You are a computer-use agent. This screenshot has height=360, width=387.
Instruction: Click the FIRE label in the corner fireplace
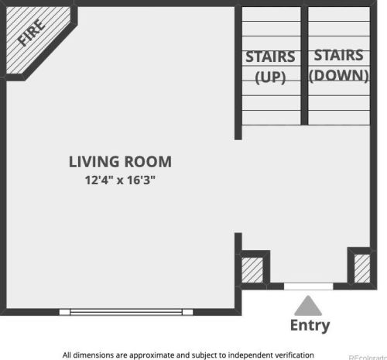[31, 33]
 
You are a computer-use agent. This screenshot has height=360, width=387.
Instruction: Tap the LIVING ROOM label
[120, 162]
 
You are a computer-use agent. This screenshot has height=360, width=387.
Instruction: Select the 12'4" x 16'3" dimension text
[120, 180]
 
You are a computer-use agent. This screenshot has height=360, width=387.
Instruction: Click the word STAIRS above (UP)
[270, 57]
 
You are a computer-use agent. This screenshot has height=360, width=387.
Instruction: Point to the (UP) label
[270, 77]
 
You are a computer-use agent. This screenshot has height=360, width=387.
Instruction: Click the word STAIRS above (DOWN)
[339, 55]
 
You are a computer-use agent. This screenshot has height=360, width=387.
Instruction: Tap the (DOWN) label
[339, 76]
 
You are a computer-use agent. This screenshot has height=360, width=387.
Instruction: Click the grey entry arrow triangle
[308, 306]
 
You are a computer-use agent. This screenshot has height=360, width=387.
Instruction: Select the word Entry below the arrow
[310, 325]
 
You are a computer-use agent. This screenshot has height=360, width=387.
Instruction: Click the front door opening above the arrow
[309, 286]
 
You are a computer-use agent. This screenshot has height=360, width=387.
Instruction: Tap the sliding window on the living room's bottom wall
[126, 312]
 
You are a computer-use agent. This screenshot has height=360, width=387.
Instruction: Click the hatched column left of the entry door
[252, 269]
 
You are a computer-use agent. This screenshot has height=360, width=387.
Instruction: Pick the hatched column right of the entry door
[362, 269]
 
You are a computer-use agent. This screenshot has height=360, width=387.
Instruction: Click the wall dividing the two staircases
[304, 66]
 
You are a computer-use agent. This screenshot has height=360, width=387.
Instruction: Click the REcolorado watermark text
[368, 358]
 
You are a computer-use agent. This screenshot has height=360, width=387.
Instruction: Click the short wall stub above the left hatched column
[238, 242]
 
